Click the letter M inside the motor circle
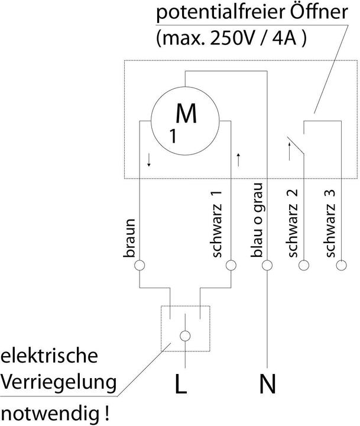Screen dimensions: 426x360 click(187, 114)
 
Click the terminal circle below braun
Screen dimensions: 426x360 click(140, 265)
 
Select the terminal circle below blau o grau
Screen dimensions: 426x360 click(268, 265)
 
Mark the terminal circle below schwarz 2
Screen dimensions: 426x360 click(304, 265)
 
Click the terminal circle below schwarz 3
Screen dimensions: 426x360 click(340, 265)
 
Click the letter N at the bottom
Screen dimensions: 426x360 click(267, 386)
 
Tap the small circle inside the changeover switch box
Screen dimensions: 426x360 click(185, 336)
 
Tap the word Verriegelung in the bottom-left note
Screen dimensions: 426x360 click(57, 383)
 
